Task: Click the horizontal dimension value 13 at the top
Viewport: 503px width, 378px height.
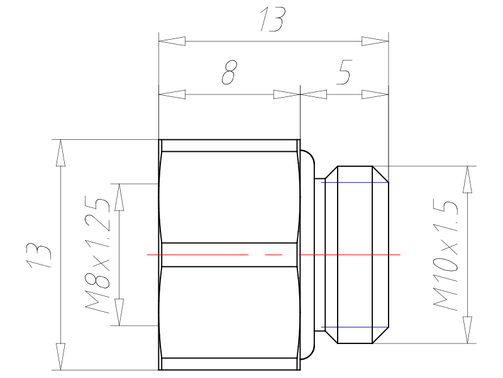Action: pos(272,20)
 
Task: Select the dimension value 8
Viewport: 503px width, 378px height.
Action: pos(229,72)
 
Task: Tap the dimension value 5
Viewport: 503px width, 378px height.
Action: pos(344,72)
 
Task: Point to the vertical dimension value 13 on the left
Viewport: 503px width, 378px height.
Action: pos(39,256)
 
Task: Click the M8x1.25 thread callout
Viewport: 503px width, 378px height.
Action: pos(98,256)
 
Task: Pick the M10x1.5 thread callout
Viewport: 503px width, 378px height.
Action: pos(446,256)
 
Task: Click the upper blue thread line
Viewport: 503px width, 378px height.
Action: pos(355,183)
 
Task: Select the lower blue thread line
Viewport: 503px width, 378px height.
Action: pos(355,327)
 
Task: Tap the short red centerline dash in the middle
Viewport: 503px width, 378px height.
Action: pos(274,255)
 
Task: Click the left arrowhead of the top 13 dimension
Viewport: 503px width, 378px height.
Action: pos(172,41)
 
